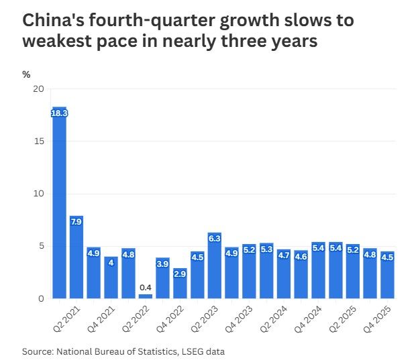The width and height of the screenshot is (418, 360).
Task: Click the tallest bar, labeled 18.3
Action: point(59,201)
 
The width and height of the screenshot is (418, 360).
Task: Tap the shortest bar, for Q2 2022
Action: point(146,296)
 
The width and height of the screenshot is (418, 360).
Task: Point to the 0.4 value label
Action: point(146,288)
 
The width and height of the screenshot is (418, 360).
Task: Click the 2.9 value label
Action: point(180,274)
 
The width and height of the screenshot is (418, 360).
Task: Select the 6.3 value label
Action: point(215,238)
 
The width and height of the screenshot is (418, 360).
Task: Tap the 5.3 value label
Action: point(266,249)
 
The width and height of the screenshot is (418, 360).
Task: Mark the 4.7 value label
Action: point(284,255)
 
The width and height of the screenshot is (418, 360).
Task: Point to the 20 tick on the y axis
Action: point(38,89)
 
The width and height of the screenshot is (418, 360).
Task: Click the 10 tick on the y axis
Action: point(38,194)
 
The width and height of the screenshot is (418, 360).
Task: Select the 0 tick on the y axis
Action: point(41,298)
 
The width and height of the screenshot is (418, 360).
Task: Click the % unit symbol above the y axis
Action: point(26,74)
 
